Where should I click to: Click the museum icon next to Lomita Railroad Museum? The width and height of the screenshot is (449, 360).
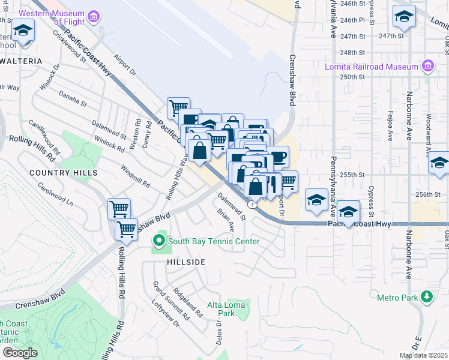point(427,65)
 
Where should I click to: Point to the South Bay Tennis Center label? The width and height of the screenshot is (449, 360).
point(214,242)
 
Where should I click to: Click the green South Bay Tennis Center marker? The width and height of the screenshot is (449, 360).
point(159,241)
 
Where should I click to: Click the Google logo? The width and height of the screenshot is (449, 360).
point(20,352)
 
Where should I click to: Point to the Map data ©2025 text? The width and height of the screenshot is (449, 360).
point(423,355)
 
